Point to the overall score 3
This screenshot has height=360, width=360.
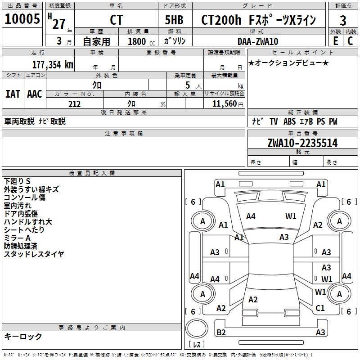tap(343, 20)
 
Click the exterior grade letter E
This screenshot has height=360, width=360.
tap(335, 41)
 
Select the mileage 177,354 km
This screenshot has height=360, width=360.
tap(53, 64)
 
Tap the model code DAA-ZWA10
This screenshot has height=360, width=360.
tap(258, 41)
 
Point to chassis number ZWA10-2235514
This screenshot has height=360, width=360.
tap(302, 143)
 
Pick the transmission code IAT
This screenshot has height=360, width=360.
tap(12, 94)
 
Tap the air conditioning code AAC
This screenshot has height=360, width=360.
tap(35, 94)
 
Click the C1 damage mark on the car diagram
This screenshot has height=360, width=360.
tap(320, 308)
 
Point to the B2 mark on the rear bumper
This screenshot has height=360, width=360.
tap(221, 333)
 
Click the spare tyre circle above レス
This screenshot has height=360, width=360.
tap(197, 328)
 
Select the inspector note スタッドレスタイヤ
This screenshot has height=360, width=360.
tap(34, 254)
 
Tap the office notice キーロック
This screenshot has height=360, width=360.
tap(23, 337)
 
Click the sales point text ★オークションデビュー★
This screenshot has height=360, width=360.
tap(288, 63)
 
